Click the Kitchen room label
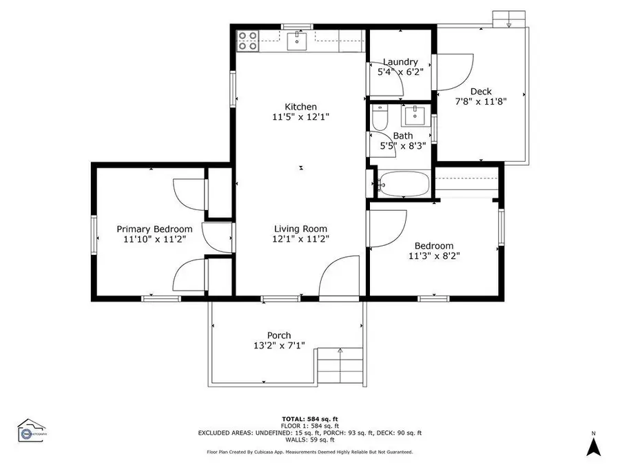[x=301, y=107]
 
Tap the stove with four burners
[x=248, y=41]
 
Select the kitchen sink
[x=297, y=41]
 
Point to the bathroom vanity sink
[x=415, y=114]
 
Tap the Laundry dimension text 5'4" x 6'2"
[x=400, y=71]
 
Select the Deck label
[x=481, y=91]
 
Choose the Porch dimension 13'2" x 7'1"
[x=279, y=346]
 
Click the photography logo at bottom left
[x=34, y=431]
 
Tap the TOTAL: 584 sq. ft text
[x=309, y=419]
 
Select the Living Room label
[x=300, y=229]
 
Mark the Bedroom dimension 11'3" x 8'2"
[x=433, y=256]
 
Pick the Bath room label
[x=403, y=136]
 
